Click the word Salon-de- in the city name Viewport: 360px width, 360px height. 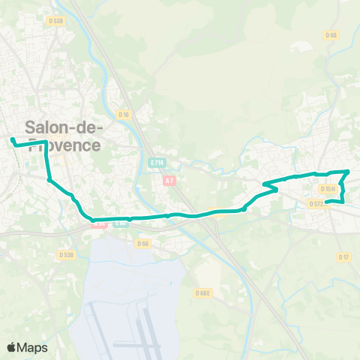[64, 128]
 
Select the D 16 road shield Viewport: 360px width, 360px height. [124, 115]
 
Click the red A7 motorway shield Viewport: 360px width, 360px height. [169, 180]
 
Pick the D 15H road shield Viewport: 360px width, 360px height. [327, 189]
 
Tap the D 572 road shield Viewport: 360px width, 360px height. [316, 203]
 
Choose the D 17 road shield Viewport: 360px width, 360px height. [343, 257]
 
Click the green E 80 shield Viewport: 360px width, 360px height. [120, 221]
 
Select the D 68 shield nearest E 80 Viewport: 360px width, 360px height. [142, 243]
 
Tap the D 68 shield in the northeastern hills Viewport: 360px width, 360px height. [331, 34]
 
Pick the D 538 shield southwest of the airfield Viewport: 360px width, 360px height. [67, 255]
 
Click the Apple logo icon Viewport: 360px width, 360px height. [12, 347]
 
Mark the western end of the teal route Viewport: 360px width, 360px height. [12, 139]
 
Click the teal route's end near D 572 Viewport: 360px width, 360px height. [327, 201]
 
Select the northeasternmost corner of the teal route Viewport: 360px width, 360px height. [348, 172]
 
